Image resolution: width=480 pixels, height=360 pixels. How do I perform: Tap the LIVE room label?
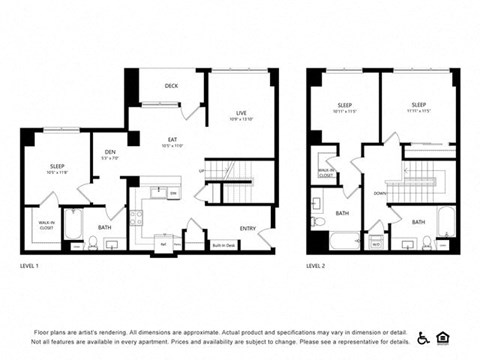[241, 113]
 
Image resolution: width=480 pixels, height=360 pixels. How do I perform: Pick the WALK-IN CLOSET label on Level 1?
[45, 223]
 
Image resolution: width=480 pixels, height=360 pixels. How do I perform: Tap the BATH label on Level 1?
[105, 228]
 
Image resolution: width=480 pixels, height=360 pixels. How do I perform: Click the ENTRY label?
[248, 228]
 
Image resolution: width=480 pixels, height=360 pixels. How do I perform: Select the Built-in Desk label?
[223, 244]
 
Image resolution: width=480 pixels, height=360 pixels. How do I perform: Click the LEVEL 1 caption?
[30, 266]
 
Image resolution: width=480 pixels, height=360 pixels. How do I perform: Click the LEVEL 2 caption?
[317, 266]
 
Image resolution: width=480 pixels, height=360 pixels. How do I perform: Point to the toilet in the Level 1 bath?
[93, 242]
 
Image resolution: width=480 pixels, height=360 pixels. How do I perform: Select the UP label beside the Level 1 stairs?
[201, 171]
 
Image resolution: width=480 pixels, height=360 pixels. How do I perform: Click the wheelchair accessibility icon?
[423, 338]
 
